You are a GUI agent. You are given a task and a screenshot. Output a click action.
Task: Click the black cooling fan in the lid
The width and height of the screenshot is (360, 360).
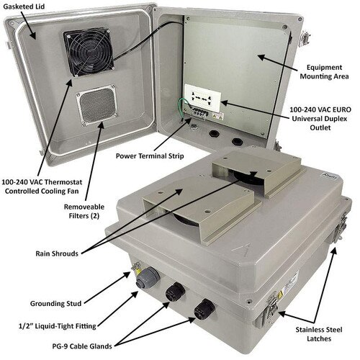point(89,52)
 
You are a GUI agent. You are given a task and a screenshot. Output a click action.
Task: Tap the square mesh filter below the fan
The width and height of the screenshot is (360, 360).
point(97,105)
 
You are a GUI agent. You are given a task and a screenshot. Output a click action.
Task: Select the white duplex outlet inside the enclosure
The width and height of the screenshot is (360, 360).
point(203,98)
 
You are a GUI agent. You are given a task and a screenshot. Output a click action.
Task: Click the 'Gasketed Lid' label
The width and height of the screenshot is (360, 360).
point(24,6)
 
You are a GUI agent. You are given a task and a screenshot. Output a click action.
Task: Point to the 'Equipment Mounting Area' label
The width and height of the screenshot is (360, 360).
point(324,72)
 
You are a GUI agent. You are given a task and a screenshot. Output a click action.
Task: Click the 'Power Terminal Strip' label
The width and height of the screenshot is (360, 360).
point(150,156)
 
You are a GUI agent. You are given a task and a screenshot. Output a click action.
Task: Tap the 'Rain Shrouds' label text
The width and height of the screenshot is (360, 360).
point(57,253)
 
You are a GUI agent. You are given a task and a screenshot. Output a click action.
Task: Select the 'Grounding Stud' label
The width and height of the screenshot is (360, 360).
point(55,304)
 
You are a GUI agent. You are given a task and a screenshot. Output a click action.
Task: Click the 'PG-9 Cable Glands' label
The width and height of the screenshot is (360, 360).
point(82,346)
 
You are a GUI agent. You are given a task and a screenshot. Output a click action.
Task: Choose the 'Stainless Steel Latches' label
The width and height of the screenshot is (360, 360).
point(319,334)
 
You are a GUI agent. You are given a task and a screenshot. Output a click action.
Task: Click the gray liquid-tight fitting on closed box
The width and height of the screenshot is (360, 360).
point(147,278)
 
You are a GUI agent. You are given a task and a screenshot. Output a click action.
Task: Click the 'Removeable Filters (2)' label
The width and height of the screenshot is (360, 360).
point(84,211)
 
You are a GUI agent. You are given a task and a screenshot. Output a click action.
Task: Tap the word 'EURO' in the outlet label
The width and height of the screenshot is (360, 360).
point(341,109)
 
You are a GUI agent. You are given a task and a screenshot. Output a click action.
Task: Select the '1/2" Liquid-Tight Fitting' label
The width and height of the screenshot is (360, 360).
point(58,326)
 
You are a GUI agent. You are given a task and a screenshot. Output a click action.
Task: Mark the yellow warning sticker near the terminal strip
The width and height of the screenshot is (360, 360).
point(218,116)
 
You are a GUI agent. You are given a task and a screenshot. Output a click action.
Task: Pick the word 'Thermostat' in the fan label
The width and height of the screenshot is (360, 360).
point(63,182)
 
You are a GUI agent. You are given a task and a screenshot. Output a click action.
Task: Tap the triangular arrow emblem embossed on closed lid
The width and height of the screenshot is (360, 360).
point(242,250)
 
